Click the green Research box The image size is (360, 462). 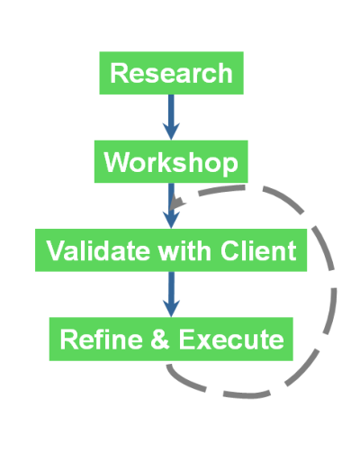(171, 73)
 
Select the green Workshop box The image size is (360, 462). (171, 161)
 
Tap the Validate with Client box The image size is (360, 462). (171, 250)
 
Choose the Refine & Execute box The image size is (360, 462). (171, 339)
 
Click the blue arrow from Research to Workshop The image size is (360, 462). (171, 117)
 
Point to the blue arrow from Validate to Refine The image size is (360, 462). (171, 294)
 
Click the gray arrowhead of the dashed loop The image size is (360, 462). (177, 203)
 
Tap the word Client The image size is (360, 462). (258, 250)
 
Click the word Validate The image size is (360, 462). (98, 250)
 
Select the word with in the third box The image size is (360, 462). (184, 250)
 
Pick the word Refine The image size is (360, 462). (101, 340)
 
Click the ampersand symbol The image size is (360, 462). (160, 340)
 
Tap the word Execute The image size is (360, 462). (231, 340)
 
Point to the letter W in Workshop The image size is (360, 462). (117, 162)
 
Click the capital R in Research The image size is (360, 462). (120, 73)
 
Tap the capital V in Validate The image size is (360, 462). (57, 250)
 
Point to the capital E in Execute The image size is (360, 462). (187, 340)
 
